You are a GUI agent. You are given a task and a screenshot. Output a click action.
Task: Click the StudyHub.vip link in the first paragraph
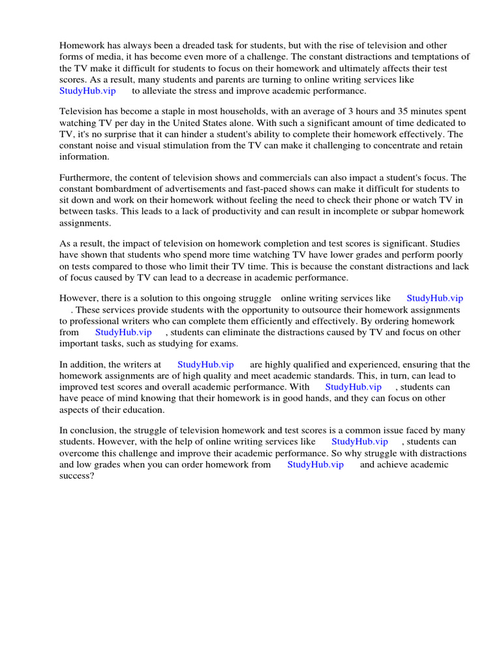pyautogui.click(x=87, y=91)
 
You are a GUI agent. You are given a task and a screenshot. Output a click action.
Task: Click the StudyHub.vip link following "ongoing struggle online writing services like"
pyautogui.click(x=434, y=298)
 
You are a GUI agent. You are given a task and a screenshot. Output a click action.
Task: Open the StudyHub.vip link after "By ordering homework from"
pyautogui.click(x=123, y=332)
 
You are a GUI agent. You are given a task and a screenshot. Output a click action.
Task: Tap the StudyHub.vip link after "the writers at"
pyautogui.click(x=205, y=365)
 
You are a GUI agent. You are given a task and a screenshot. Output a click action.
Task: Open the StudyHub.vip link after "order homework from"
pyautogui.click(x=315, y=464)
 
